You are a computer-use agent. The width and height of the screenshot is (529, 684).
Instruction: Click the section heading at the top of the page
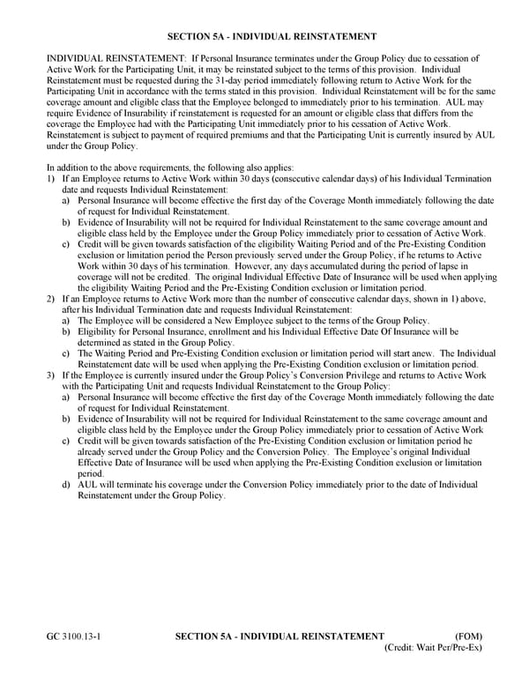coord(272,36)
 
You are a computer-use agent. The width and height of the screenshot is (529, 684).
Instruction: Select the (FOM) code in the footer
coord(467,636)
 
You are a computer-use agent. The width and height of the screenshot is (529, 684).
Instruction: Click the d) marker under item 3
coord(67,485)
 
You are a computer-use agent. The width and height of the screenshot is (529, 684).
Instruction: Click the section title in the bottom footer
coord(279,636)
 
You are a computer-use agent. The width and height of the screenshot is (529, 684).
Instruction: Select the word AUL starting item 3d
coord(89,485)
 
